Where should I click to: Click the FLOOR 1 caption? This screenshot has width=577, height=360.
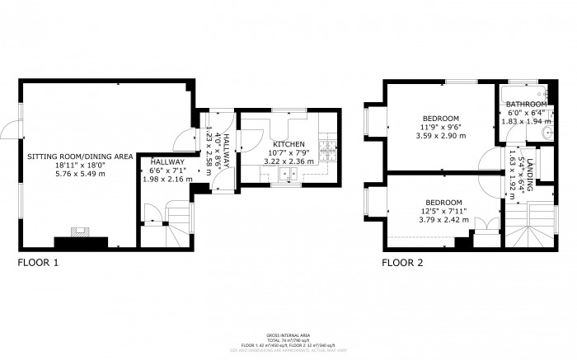[38, 264]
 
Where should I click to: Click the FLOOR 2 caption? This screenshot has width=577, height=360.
[401, 264]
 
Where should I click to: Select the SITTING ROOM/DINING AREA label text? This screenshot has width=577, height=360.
[79, 156]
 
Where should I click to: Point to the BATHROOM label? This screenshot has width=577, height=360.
[526, 105]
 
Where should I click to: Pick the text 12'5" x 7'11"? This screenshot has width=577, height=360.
[443, 211]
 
